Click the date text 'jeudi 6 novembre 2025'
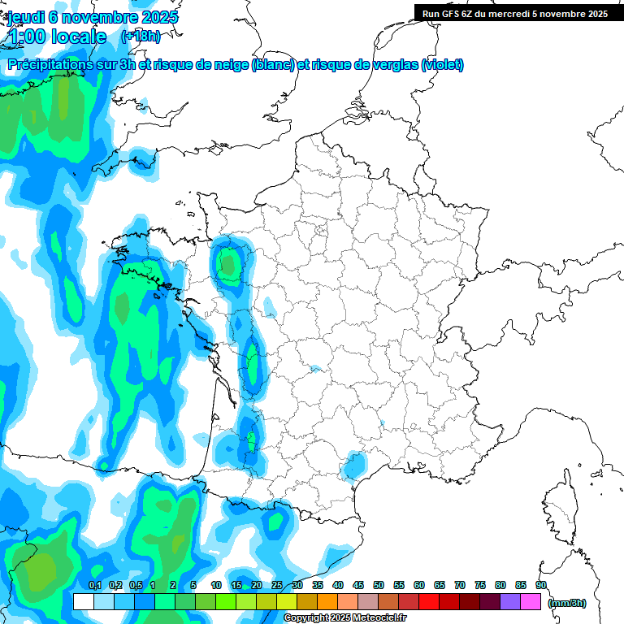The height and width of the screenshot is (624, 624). click(x=93, y=17)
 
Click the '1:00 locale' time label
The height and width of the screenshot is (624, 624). click(x=57, y=37)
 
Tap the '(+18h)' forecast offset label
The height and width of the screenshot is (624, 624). click(x=141, y=37)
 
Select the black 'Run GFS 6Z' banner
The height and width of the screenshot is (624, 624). click(x=517, y=13)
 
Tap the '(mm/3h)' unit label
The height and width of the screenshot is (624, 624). click(x=566, y=602)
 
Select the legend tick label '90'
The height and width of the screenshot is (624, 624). click(x=540, y=585)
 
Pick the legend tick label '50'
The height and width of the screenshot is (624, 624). click(x=379, y=585)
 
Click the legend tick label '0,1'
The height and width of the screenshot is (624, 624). click(x=94, y=585)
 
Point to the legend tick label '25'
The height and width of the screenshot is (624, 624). click(x=277, y=585)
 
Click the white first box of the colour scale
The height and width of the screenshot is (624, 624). click(x=83, y=601)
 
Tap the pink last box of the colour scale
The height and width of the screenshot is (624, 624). click(x=531, y=601)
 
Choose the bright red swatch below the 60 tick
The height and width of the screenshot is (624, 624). click(x=429, y=601)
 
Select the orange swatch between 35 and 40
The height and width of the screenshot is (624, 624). click(x=327, y=601)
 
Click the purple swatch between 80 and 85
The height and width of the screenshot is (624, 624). click(x=510, y=601)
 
